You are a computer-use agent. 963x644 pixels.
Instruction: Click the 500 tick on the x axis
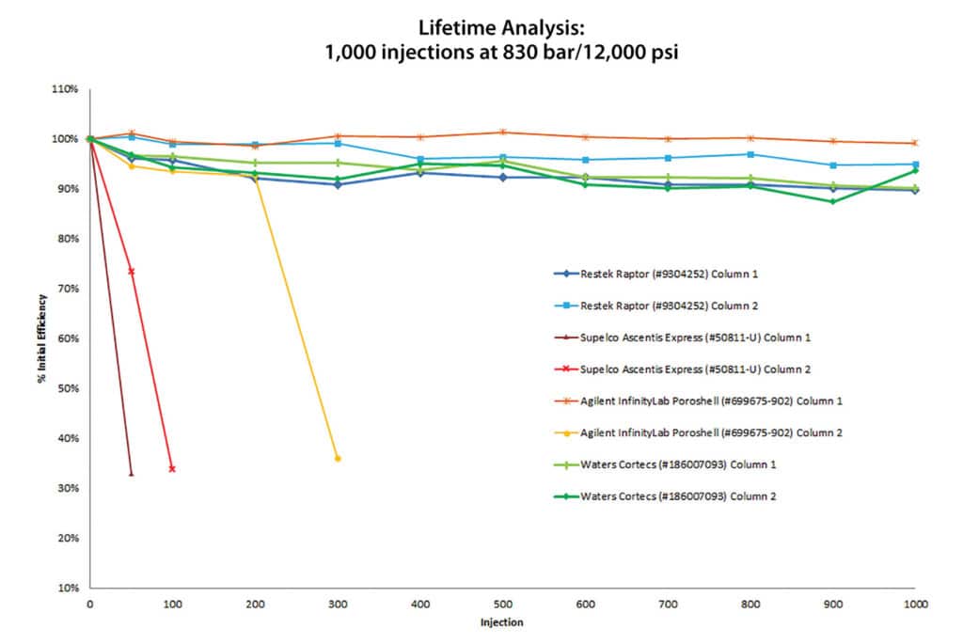pos(502,606)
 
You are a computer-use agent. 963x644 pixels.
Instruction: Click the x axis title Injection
pos(502,622)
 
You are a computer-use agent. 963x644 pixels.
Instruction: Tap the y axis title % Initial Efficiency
pos(42,338)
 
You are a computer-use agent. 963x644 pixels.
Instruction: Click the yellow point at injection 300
pos(338,458)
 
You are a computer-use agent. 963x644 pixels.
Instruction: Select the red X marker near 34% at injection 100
pos(172,468)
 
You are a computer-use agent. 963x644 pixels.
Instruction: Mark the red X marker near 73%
pos(131,272)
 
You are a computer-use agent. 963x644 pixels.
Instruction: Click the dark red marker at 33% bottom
pos(131,473)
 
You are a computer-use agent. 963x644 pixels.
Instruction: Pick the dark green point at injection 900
pos(832,201)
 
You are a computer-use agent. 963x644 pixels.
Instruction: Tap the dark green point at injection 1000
pos(914,170)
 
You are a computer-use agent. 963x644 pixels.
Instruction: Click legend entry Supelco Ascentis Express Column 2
pos(708,369)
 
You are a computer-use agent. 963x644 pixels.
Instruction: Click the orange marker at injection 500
pos(503,133)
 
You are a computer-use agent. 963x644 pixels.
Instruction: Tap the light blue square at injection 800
pos(750,154)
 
